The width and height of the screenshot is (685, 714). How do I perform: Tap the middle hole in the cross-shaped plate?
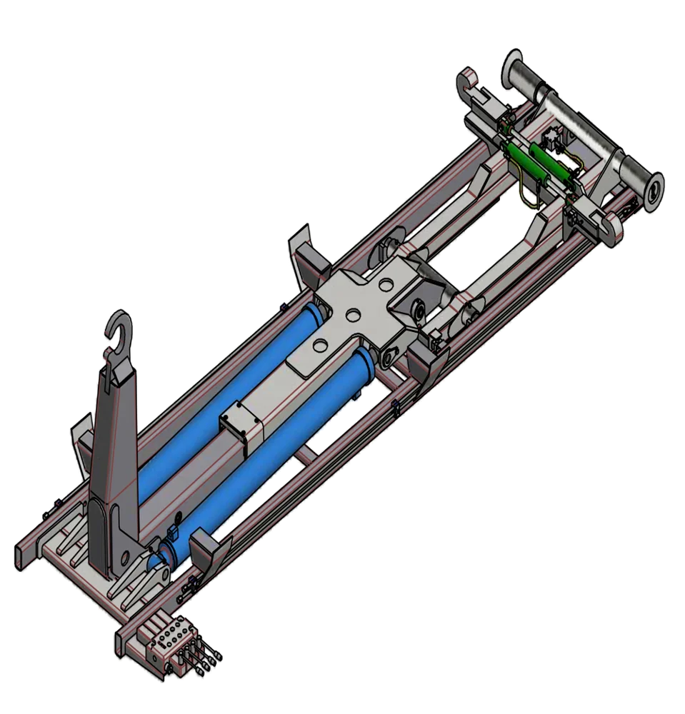coord(351,315)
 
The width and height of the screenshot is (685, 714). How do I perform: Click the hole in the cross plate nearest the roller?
coord(386,285)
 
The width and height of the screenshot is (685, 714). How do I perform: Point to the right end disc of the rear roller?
coord(651,190)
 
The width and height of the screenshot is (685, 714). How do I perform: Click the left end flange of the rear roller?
coord(513,68)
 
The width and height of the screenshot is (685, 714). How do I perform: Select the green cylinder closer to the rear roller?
coord(553,163)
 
